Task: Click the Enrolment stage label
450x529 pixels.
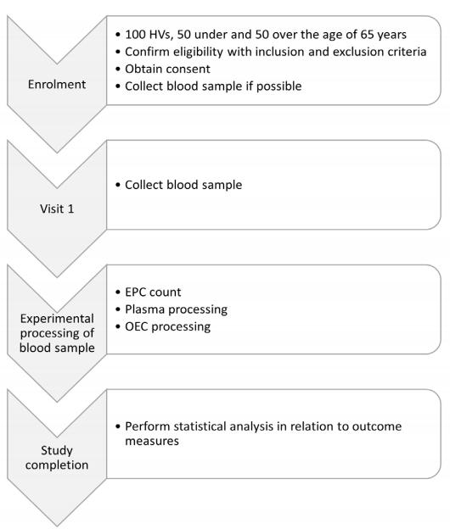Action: point(57,84)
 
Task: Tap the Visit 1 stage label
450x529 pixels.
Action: point(57,209)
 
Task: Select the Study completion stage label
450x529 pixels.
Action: point(57,458)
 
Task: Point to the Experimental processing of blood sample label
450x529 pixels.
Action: point(57,333)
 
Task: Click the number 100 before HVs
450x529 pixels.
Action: point(136,35)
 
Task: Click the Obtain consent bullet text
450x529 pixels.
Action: point(167,69)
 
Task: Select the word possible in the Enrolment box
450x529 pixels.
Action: point(278,86)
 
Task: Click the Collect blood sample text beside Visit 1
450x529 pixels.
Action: point(183,185)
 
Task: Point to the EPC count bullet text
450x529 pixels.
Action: point(153,292)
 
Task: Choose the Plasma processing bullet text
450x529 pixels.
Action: point(176,309)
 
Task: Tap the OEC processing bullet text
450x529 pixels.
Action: point(168,326)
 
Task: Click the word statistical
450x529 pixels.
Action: point(200,426)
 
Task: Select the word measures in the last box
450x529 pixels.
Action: point(152,441)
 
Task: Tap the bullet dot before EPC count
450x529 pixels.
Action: point(117,292)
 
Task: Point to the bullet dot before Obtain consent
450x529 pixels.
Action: point(117,70)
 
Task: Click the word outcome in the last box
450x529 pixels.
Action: point(377,426)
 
